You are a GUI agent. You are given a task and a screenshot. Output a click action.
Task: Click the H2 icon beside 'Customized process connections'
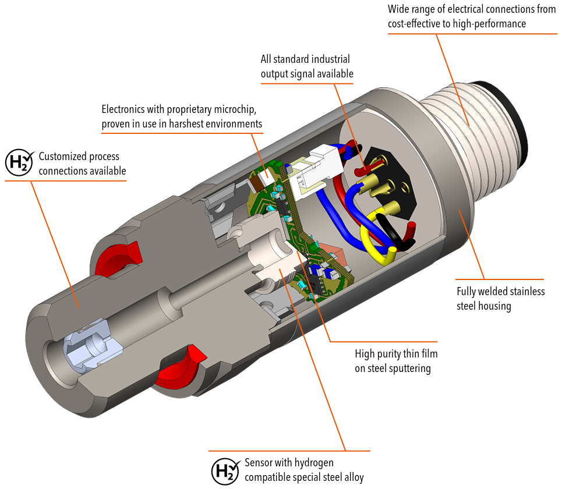[20, 164]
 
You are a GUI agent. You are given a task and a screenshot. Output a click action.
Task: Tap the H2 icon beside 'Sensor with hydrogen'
[225, 470]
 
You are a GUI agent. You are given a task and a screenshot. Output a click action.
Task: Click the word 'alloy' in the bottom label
[352, 477]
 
